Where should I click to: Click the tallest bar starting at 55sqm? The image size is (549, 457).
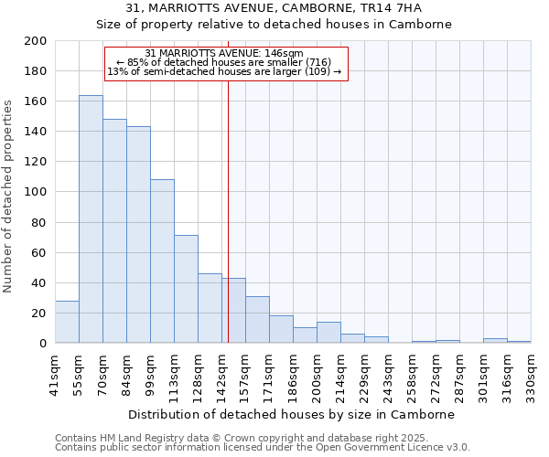[x=91, y=219]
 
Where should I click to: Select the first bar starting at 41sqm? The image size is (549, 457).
[x=67, y=322]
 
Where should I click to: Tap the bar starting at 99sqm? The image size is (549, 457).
[x=162, y=261]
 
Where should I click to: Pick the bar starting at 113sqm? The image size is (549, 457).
[x=186, y=289]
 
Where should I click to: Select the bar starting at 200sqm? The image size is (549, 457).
[x=328, y=333]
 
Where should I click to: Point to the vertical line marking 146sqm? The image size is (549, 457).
[x=228, y=201]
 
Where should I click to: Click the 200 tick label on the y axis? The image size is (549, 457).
[x=36, y=41]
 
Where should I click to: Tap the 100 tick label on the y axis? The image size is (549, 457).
[x=36, y=192]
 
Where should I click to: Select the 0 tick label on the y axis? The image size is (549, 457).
[x=43, y=344]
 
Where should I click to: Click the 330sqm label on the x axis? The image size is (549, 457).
[x=531, y=375]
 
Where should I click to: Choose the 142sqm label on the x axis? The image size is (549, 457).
[x=221, y=375]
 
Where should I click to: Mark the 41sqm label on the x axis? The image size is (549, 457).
[x=55, y=375]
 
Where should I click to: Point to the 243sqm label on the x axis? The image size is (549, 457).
[x=388, y=375]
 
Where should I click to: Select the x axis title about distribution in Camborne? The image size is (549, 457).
[x=292, y=414]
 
